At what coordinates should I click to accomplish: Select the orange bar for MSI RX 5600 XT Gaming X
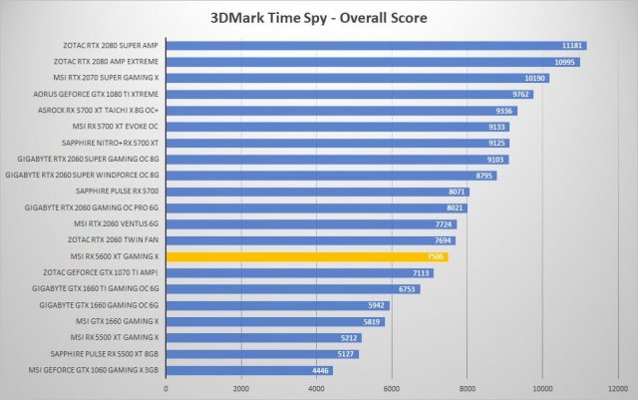point(307,256)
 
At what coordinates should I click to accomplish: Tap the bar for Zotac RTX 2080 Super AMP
point(376,46)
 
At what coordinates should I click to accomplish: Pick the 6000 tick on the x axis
point(392,388)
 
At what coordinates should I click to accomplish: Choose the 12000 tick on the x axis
point(617,388)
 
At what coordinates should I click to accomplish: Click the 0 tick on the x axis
point(165,388)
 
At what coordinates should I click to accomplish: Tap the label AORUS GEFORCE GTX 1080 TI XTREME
point(97,95)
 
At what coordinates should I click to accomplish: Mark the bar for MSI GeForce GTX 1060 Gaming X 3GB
point(248,370)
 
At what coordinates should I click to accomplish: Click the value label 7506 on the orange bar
point(435,256)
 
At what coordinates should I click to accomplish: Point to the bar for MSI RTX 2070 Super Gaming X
point(357,78)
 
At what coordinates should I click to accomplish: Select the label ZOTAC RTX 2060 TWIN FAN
point(112,240)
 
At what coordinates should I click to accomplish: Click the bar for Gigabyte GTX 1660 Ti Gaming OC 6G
point(292,289)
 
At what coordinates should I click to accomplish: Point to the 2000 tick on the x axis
point(241,388)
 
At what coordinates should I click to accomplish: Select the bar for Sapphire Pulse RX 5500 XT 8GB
point(261,353)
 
